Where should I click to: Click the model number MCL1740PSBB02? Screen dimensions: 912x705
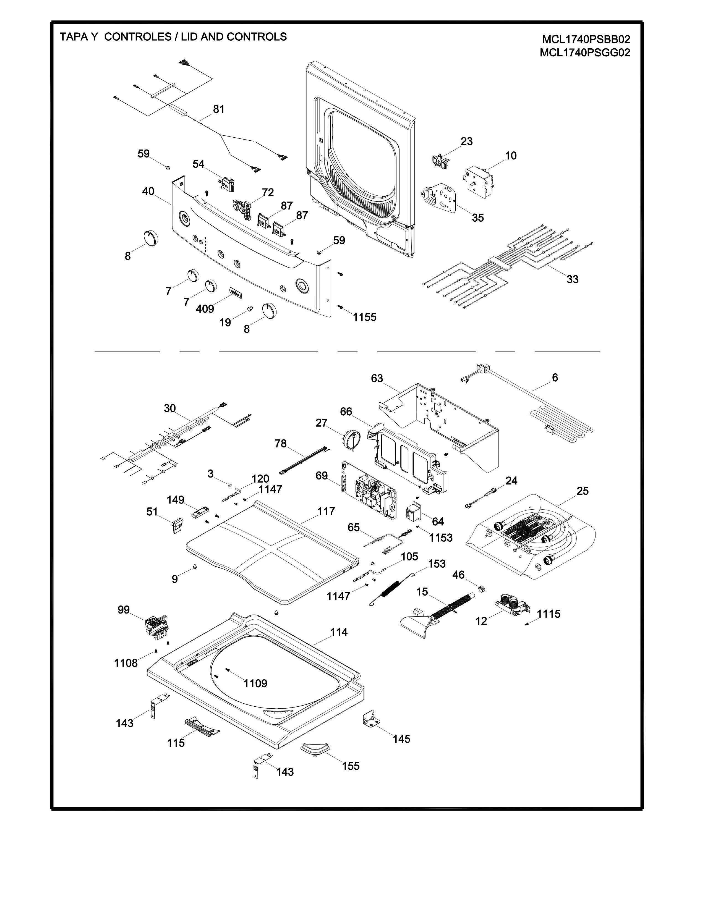click(x=586, y=40)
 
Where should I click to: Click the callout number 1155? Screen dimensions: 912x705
click(x=365, y=317)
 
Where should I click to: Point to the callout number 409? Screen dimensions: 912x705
click(x=205, y=309)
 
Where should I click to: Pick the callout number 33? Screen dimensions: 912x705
click(x=572, y=279)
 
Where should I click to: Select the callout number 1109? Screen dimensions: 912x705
click(x=255, y=683)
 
